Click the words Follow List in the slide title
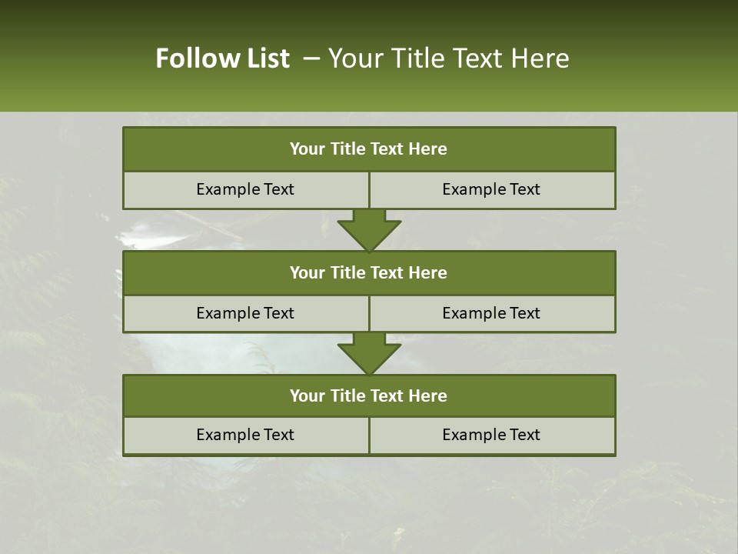[x=222, y=58]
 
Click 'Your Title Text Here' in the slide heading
[x=448, y=58]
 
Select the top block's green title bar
[x=369, y=149]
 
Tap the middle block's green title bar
[x=369, y=273]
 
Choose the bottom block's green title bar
[x=369, y=396]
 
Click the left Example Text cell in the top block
[x=245, y=190]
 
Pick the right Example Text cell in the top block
[x=491, y=190]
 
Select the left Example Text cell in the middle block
[x=245, y=314]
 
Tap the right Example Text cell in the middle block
[x=491, y=314]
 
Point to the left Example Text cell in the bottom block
[x=245, y=436]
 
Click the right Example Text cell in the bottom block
[x=491, y=436]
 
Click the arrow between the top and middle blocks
[x=369, y=230]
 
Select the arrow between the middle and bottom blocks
[x=369, y=353]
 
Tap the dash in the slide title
[x=311, y=58]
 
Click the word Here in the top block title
[x=428, y=149]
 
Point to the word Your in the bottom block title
[x=307, y=396]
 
